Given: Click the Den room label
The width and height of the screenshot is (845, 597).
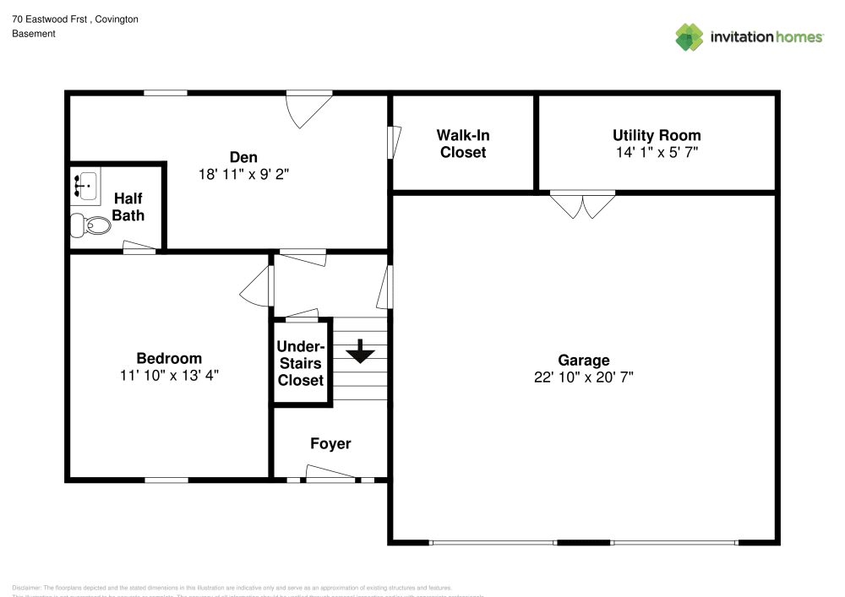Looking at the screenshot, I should coord(243,157).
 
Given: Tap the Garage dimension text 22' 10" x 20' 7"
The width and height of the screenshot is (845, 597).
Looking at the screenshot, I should coord(583,377).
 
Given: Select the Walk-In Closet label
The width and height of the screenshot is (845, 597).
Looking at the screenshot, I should coord(462,144).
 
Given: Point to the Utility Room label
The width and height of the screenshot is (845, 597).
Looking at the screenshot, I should coord(657,135).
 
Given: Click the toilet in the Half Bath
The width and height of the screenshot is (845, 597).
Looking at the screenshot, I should coord(91,225).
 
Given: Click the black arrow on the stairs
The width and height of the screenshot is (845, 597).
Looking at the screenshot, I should coord(361,351).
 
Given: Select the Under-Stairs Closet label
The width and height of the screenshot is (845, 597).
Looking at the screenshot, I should coord(301,363).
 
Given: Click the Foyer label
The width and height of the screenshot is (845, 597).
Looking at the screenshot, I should coord(330,443).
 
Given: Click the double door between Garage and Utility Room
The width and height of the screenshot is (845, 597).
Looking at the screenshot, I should coord(583,204).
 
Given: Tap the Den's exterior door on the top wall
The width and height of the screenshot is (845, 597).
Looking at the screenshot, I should coord(308,106).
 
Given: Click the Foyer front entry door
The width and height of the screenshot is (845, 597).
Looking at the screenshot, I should coord(330,479).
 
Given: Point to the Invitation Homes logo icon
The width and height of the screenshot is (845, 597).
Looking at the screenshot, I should coord(690,36).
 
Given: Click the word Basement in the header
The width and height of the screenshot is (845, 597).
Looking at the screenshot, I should coord(34,34).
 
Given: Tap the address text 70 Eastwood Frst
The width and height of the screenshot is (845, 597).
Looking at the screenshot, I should coord(51,19).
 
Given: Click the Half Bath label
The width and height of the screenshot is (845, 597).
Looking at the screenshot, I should coord(128,206).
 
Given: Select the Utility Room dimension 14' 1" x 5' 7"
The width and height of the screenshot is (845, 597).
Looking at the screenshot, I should coord(657,153).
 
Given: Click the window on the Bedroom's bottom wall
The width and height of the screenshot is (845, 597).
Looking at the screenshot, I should coord(166,480).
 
